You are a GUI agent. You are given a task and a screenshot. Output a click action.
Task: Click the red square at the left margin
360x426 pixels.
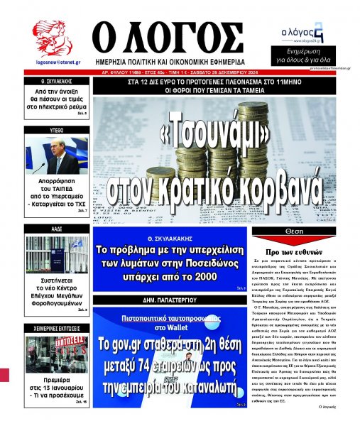click(x=5, y=373)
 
